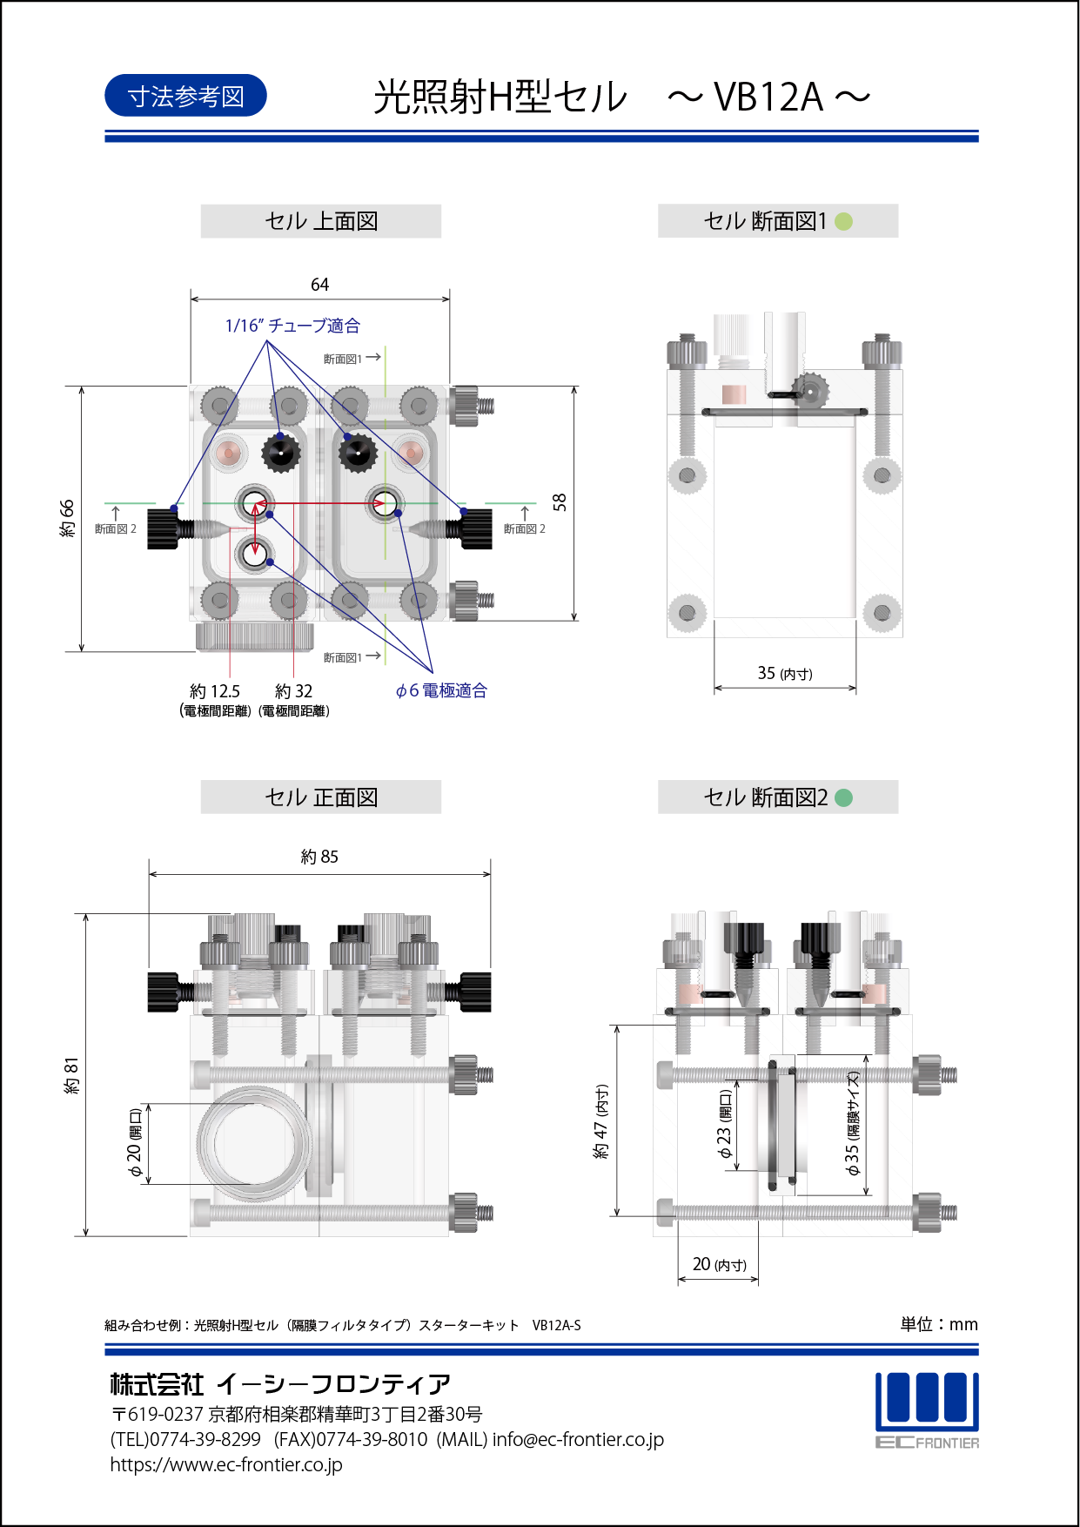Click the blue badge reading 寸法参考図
185,96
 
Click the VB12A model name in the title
768,97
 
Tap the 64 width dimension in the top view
320,285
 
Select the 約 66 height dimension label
67,519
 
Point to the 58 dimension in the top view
560,502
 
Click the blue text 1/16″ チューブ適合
292,326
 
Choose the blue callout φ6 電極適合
441,690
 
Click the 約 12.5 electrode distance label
215,691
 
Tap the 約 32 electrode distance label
294,691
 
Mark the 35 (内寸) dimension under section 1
785,673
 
